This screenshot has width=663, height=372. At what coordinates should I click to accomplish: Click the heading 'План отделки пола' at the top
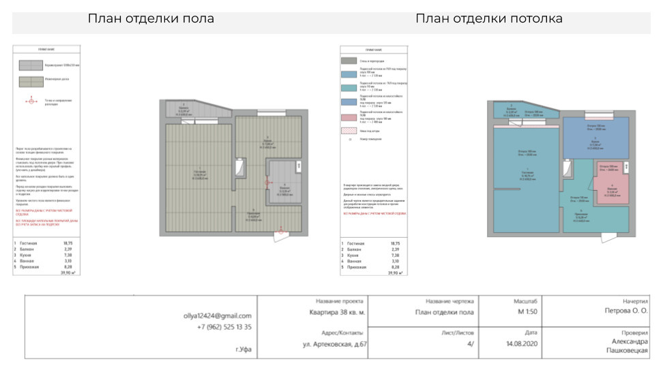click(x=151, y=18)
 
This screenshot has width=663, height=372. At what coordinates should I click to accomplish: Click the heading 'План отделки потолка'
click(x=489, y=18)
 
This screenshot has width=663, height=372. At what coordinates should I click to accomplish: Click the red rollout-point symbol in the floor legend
click(x=30, y=101)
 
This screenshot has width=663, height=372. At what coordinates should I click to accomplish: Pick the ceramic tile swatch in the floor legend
click(x=30, y=65)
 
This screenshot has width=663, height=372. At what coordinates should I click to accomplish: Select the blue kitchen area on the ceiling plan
click(x=595, y=136)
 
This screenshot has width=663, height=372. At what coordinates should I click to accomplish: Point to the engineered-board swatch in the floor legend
click(x=30, y=82)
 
